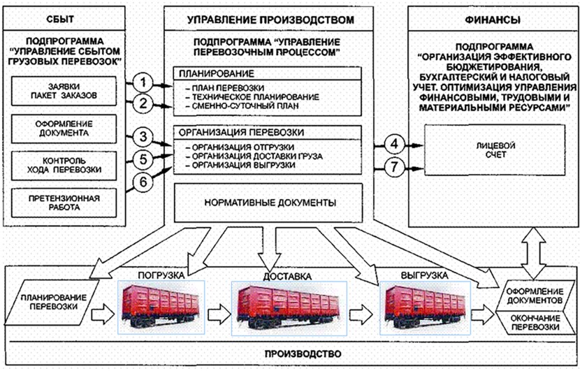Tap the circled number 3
(x=143, y=136)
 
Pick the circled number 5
(x=143, y=160)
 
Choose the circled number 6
(x=143, y=182)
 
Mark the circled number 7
(x=394, y=168)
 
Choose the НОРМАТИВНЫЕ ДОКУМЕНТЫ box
(x=269, y=203)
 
